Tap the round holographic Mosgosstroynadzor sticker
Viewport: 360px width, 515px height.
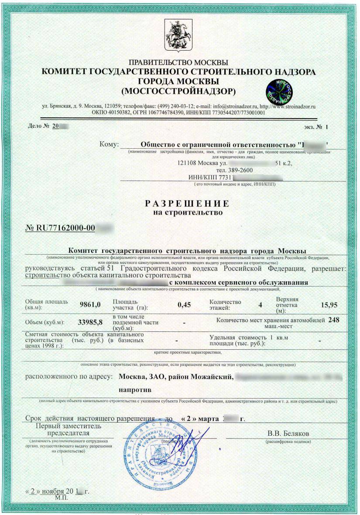pyautogui.click(x=279, y=91)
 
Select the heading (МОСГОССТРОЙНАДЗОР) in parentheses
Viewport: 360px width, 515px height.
pyautogui.click(x=179, y=91)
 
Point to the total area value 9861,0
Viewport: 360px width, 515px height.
pyautogui.click(x=90, y=304)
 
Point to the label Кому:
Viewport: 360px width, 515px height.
pyautogui.click(x=109, y=144)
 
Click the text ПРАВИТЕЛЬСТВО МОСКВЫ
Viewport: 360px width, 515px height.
pyautogui.click(x=179, y=62)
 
